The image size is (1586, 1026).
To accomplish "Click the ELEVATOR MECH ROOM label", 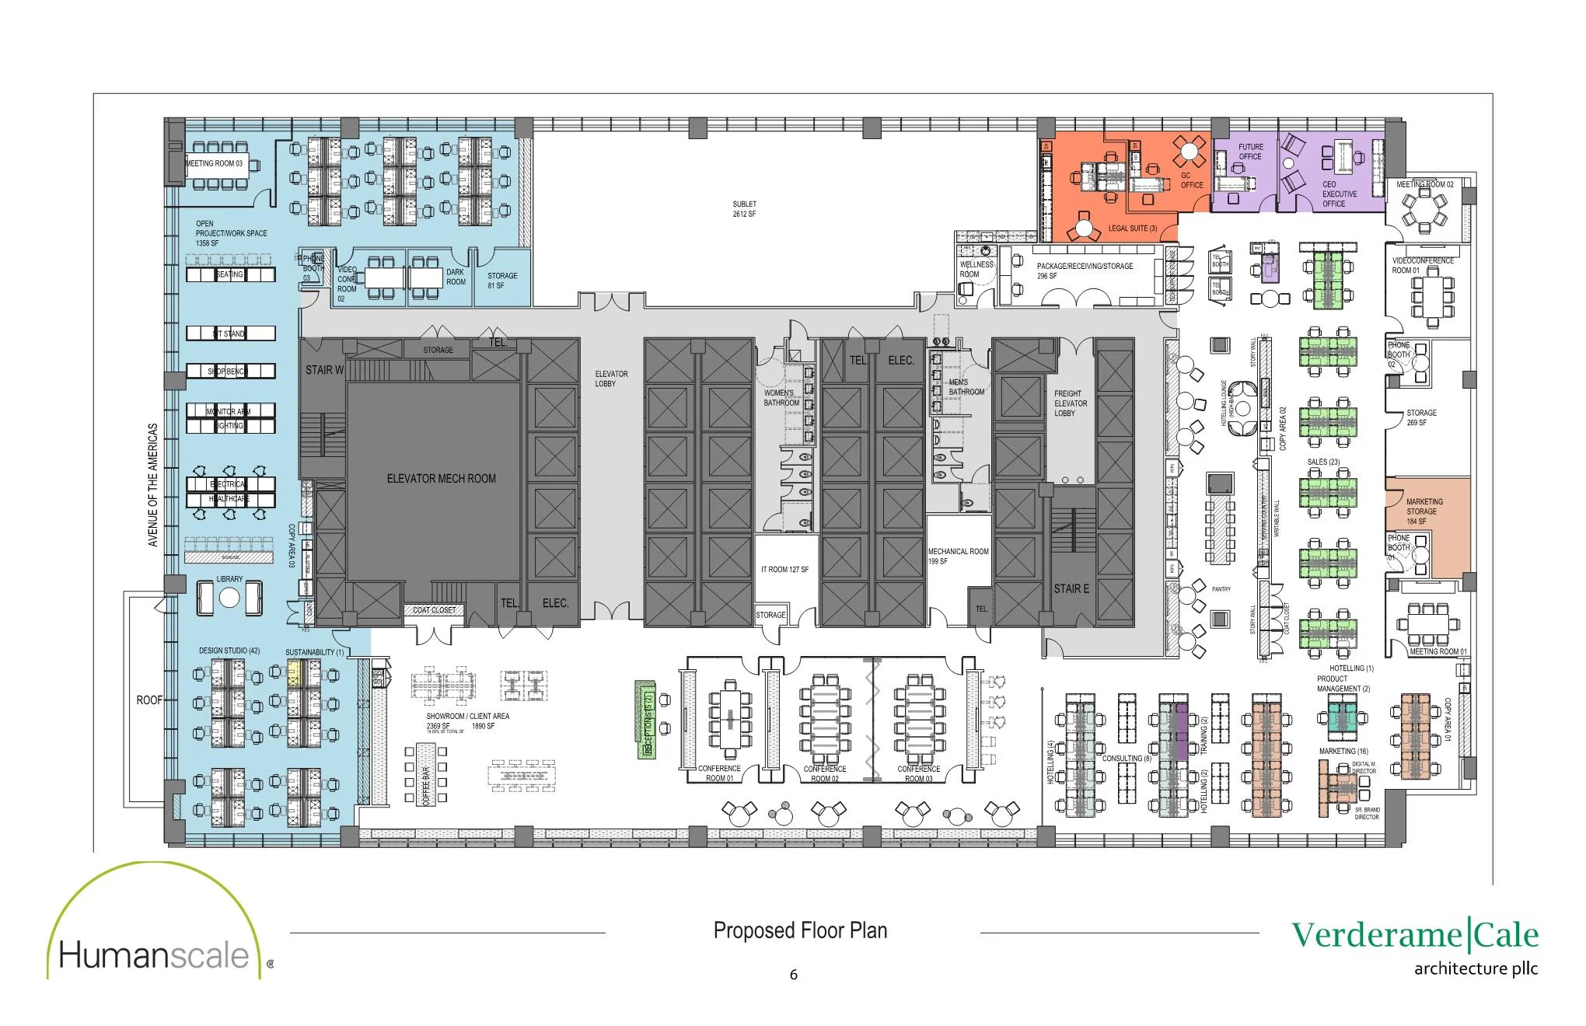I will click(x=441, y=479).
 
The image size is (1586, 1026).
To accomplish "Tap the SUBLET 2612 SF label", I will click(x=744, y=209).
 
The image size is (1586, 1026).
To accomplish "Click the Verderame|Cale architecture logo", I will click(x=1415, y=944).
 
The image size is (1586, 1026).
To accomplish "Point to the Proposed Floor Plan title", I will click(x=800, y=930).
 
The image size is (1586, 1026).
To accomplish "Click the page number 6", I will click(x=793, y=975).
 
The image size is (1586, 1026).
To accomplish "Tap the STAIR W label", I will click(x=324, y=370).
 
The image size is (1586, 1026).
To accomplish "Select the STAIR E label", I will click(x=1071, y=588).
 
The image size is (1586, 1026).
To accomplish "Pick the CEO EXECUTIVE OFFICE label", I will click(x=1339, y=194).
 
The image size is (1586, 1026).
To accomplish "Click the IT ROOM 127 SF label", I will click(x=784, y=570).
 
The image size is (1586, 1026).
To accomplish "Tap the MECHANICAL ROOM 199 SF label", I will click(x=958, y=556).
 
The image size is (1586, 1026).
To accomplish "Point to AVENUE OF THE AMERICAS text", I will click(x=153, y=484).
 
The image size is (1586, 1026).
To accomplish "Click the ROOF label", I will click(x=149, y=700).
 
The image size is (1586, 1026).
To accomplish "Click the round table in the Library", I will click(x=229, y=598).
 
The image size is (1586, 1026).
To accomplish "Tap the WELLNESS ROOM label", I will click(x=976, y=269).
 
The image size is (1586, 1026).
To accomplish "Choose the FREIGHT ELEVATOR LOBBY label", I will click(x=1070, y=403).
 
